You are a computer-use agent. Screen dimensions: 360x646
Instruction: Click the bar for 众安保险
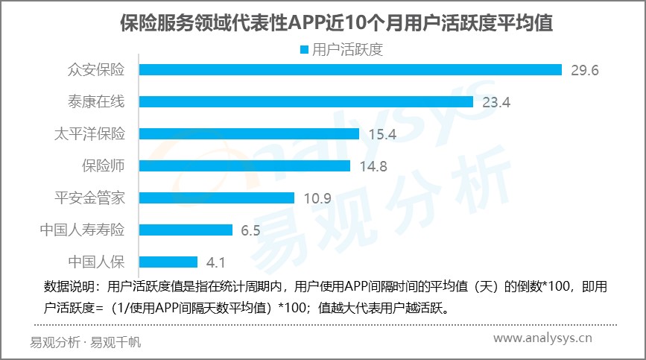coord(350,69)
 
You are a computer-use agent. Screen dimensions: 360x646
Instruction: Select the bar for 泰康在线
coord(306,101)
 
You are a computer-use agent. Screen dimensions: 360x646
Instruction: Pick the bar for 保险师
coord(244,165)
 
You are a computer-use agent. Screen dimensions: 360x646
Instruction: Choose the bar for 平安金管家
coord(217,198)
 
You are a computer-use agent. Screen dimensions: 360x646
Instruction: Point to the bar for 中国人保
coord(168,262)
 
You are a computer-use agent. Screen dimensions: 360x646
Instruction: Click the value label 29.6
coord(585,70)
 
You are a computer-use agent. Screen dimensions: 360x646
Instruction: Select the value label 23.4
coord(495,102)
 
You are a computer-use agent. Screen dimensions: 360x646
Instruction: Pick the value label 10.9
coord(317,198)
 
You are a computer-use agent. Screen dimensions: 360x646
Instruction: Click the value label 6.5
coord(250,230)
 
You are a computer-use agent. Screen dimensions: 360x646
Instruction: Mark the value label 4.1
coord(215,262)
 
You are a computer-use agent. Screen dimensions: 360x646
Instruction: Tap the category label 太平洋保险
coord(89,133)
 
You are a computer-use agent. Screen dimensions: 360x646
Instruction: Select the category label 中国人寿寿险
coord(82,230)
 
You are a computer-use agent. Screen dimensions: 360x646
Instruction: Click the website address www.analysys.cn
coord(543,339)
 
